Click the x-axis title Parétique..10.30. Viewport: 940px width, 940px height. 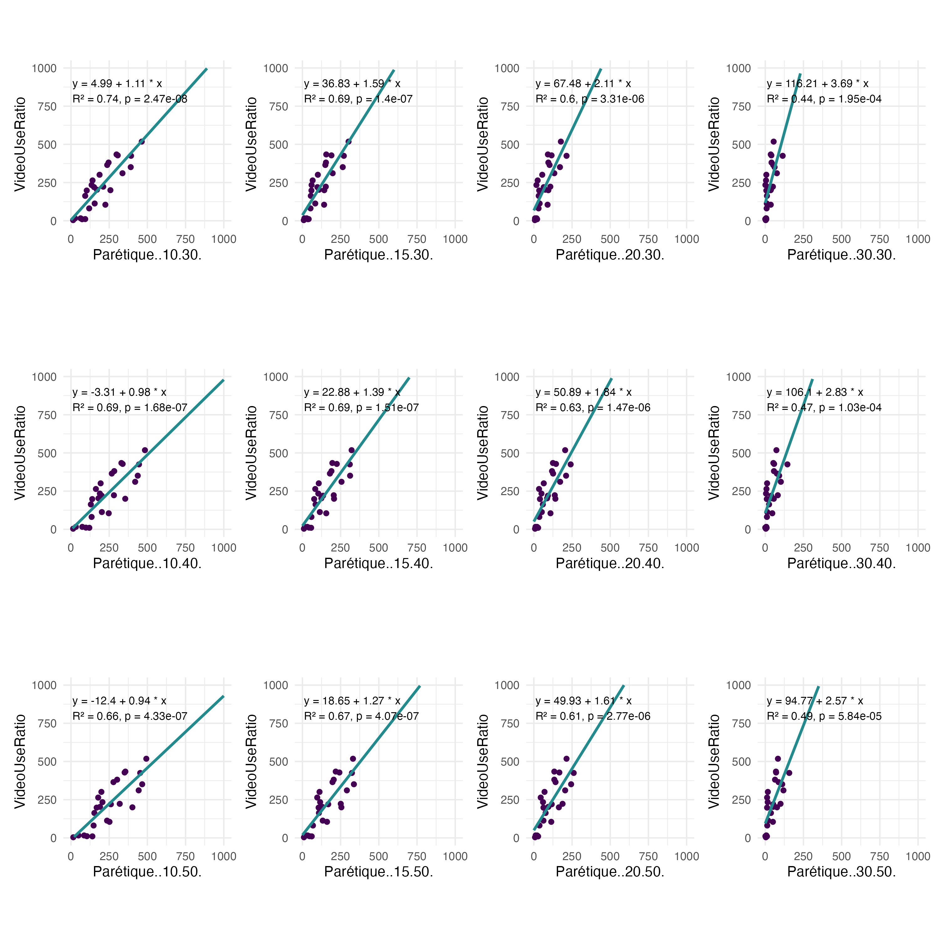pyautogui.click(x=147, y=255)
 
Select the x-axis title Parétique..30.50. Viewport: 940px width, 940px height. pyautogui.click(x=841, y=872)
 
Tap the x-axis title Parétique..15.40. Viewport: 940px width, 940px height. pyautogui.click(x=379, y=563)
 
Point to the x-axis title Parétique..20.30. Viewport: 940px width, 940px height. pyautogui.click(x=610, y=255)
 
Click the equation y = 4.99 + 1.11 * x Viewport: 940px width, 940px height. pyautogui.click(x=117, y=84)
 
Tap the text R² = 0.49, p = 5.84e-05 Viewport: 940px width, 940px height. pyautogui.click(x=824, y=716)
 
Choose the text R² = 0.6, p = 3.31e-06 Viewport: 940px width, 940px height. pyautogui.click(x=590, y=99)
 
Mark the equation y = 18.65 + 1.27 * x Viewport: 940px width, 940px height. pyautogui.click(x=352, y=701)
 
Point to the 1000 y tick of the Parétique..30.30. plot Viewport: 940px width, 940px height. pyautogui.click(x=738, y=68)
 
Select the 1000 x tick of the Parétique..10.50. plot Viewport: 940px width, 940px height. pyautogui.click(x=224, y=856)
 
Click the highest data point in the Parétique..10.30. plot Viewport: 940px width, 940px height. pyautogui.click(x=142, y=142)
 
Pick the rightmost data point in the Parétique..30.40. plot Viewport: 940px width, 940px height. pyautogui.click(x=787, y=464)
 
